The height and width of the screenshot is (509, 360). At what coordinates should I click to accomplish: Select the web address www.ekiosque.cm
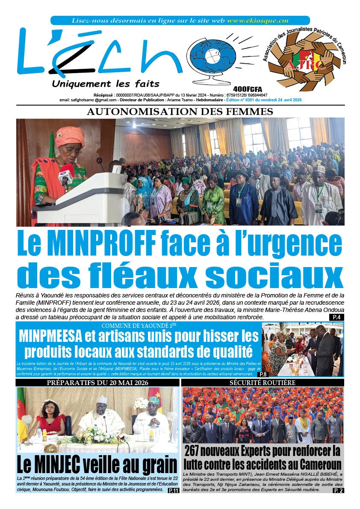(x=257, y=20)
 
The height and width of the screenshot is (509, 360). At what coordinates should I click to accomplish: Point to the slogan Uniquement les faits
(x=105, y=83)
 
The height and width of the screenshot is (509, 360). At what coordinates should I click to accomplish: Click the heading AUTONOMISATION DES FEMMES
(x=180, y=112)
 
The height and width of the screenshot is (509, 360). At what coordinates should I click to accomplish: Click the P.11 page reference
(x=173, y=490)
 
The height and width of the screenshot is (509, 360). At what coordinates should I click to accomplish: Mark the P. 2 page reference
(x=338, y=490)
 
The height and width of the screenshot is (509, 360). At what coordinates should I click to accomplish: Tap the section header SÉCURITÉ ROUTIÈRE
(x=263, y=382)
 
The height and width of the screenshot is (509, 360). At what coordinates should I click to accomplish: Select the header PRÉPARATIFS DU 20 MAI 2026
(x=97, y=382)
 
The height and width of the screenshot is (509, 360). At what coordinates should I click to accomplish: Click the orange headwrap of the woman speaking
(x=70, y=136)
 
